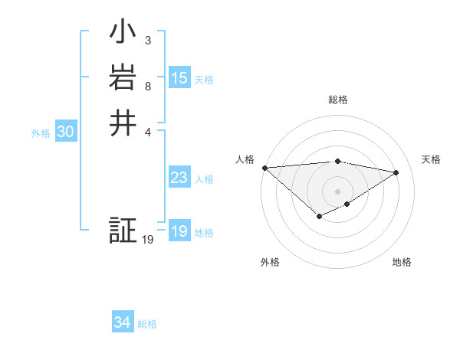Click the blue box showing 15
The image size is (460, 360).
(x=179, y=78)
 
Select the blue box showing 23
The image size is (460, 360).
(x=179, y=178)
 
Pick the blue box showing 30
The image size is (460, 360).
(x=66, y=133)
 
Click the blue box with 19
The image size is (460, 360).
(x=179, y=232)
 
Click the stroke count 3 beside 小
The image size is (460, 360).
(x=148, y=40)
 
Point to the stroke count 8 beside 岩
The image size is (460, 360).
(x=148, y=85)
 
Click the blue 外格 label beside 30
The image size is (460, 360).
(x=41, y=133)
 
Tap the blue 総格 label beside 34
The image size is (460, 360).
(x=147, y=324)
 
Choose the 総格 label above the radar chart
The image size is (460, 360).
(x=338, y=100)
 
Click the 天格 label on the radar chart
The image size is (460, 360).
(x=432, y=159)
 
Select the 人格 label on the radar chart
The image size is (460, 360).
(x=245, y=159)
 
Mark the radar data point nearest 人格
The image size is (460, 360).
(x=264, y=168)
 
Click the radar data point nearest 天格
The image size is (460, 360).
(x=396, y=172)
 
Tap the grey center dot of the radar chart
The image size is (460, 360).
(x=338, y=191)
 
